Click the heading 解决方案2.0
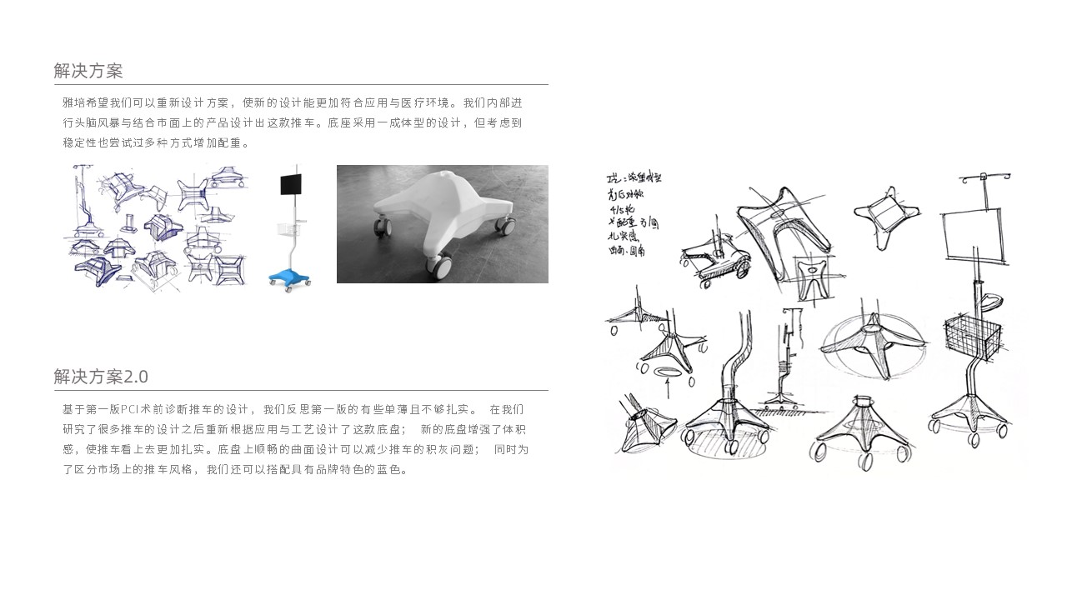pyautogui.click(x=101, y=376)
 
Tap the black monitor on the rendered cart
pyautogui.click(x=291, y=182)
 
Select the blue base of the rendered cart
pyautogui.click(x=288, y=277)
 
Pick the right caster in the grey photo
pyautogui.click(x=505, y=223)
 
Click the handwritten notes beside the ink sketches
pyautogui.click(x=634, y=213)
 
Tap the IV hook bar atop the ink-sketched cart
pyautogui.click(x=985, y=177)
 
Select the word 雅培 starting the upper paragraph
pyautogui.click(x=73, y=102)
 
